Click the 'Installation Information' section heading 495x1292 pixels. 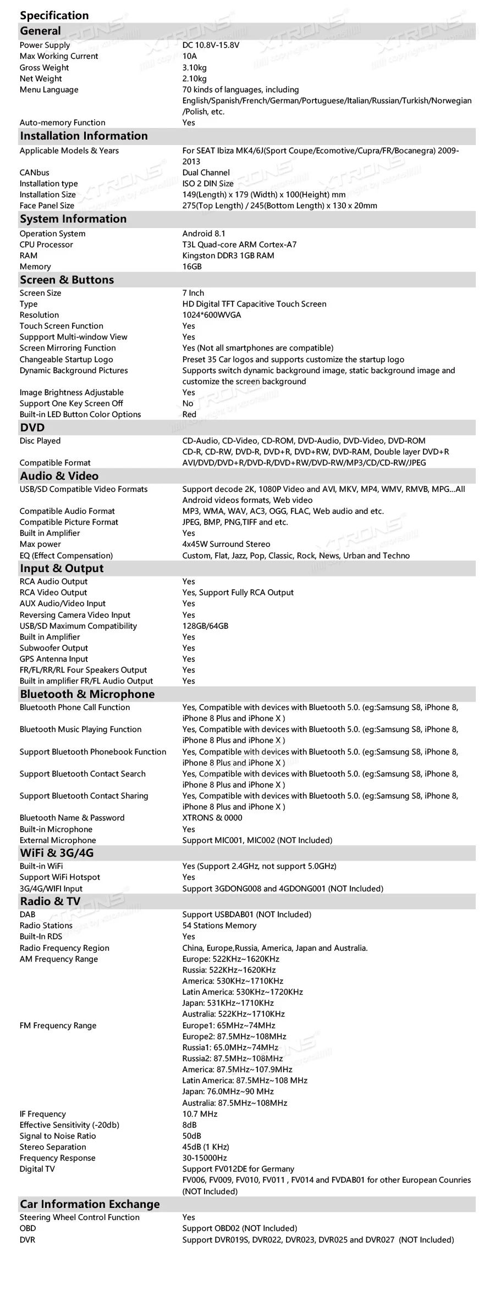pyautogui.click(x=84, y=136)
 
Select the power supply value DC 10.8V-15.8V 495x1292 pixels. pyautogui.click(x=211, y=45)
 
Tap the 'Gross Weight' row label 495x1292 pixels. pyautogui.click(x=44, y=68)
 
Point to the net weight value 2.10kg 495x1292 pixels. pyautogui.click(x=195, y=79)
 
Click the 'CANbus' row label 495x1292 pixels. pyautogui.click(x=34, y=173)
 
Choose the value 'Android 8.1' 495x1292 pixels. pyautogui.click(x=204, y=234)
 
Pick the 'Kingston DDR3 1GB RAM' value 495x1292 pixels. pyautogui.click(x=228, y=256)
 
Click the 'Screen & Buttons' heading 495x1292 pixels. pyautogui.click(x=67, y=280)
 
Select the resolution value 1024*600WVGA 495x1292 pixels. pyautogui.click(x=212, y=315)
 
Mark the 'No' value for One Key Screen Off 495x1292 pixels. pyautogui.click(x=188, y=403)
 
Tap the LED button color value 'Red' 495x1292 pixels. pyautogui.click(x=189, y=414)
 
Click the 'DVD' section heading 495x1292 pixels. pyautogui.click(x=32, y=428)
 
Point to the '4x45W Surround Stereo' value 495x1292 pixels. pyautogui.click(x=226, y=544)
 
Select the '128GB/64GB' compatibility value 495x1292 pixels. pyautogui.click(x=205, y=626)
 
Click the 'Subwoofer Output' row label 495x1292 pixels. pyautogui.click(x=54, y=648)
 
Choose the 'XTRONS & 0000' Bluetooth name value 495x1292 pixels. pyautogui.click(x=212, y=818)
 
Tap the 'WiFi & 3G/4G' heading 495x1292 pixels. pyautogui.click(x=57, y=853)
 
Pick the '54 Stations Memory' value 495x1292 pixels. pyautogui.click(x=219, y=925)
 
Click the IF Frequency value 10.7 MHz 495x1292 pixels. pyautogui.click(x=200, y=1114)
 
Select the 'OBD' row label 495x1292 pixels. pyautogui.click(x=28, y=1228)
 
